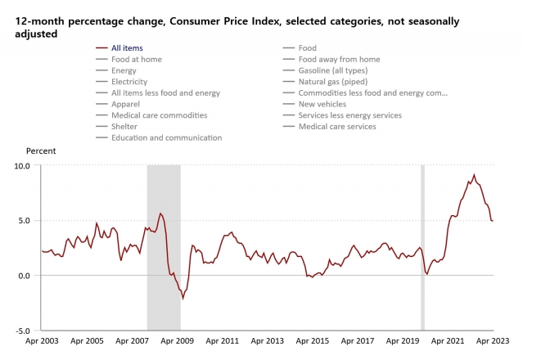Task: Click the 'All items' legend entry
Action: click(x=126, y=48)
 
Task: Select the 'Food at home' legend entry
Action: click(x=136, y=59)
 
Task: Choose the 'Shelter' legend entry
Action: click(x=124, y=126)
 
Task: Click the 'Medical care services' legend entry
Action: click(x=337, y=126)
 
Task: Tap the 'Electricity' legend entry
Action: click(x=129, y=82)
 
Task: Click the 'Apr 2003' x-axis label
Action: click(x=42, y=340)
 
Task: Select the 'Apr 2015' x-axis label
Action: click(x=313, y=340)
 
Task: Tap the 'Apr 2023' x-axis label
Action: click(x=494, y=340)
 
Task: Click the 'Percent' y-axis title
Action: click(x=41, y=151)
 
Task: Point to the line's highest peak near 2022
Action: click(x=474, y=174)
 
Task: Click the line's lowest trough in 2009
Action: click(x=183, y=299)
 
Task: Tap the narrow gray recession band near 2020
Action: click(x=422, y=245)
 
